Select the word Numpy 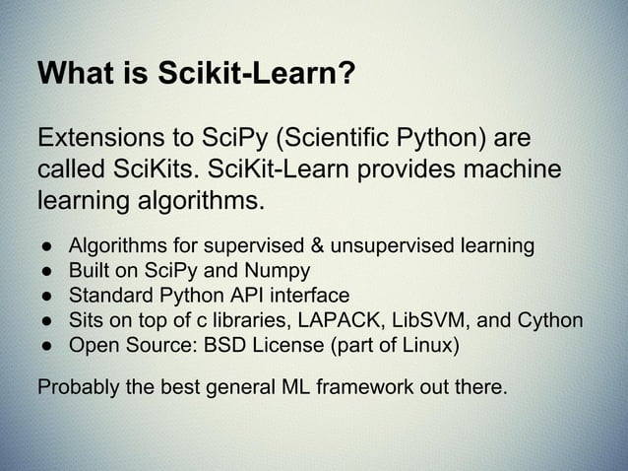pos(280,270)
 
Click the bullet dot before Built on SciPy pos(45,270)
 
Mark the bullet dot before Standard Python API pos(45,296)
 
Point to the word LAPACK pos(344,321)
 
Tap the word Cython pos(548,321)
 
